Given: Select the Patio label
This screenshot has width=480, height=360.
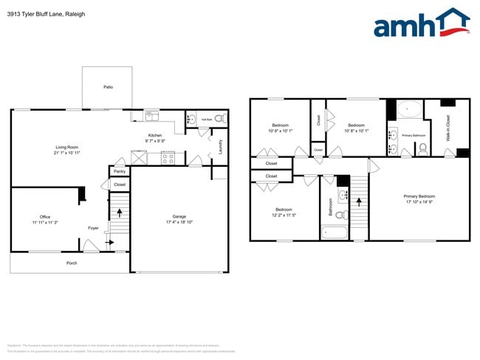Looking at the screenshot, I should pyautogui.click(x=108, y=87).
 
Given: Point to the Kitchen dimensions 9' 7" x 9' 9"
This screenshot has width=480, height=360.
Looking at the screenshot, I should pyautogui.click(x=154, y=141).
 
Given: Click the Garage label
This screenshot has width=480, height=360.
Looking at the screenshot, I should pyautogui.click(x=179, y=216).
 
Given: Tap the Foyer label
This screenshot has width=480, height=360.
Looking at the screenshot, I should pyautogui.click(x=93, y=228).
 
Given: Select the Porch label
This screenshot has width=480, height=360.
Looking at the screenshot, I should pyautogui.click(x=72, y=263).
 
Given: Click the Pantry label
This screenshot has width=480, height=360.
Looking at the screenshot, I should pyautogui.click(x=119, y=171).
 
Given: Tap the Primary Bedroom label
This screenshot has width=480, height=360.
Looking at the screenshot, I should pyautogui.click(x=419, y=196).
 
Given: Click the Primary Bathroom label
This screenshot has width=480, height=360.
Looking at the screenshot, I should pyautogui.click(x=413, y=136).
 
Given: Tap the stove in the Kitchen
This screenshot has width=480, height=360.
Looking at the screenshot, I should pyautogui.click(x=168, y=157).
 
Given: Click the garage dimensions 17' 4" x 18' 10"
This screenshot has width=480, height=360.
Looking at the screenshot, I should pyautogui.click(x=179, y=222).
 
